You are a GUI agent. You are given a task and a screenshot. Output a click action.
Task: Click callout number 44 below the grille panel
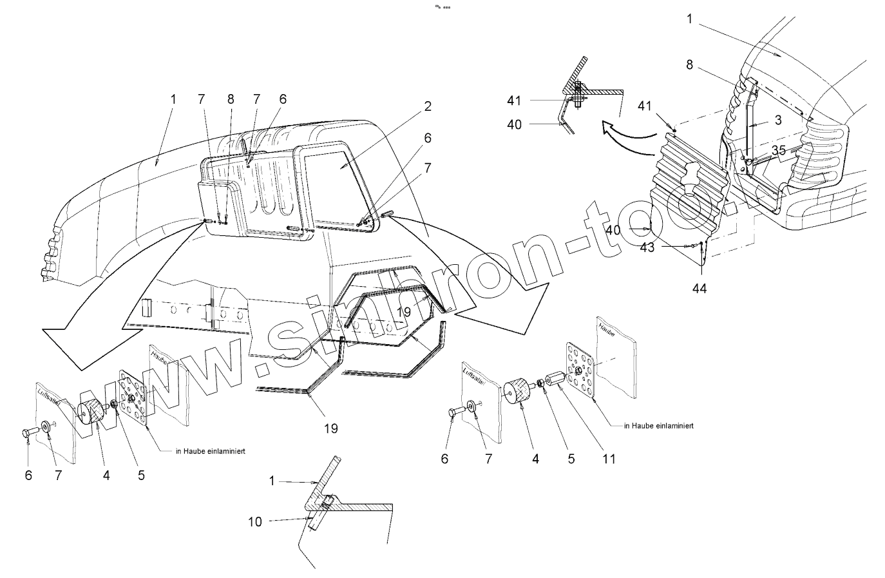699,289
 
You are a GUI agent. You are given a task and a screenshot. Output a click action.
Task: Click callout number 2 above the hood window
428,107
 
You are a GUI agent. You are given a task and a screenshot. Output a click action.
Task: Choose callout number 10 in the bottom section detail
255,521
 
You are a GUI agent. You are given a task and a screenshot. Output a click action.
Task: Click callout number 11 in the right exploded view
609,459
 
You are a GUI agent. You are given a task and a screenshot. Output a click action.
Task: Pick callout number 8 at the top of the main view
231,99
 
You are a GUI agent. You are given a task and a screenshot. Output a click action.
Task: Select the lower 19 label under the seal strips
330,428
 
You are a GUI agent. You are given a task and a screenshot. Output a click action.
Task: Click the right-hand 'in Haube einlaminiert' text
658,426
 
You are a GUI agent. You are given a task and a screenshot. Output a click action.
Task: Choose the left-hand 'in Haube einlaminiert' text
209,450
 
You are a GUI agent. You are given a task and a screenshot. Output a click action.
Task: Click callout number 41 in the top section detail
513,101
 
